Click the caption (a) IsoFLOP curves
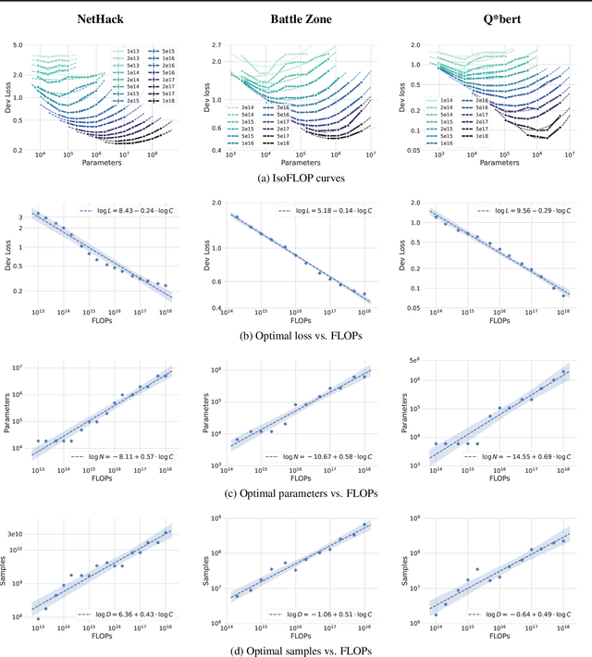[296, 178]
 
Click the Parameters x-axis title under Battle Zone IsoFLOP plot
[296, 164]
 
